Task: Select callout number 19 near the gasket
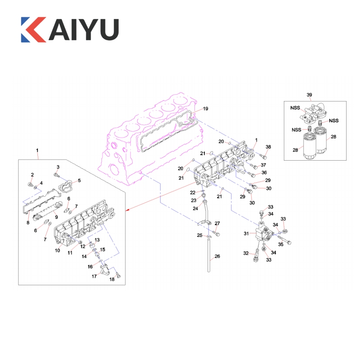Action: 205,109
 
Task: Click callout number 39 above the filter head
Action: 309,95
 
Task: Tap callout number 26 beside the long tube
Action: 217,257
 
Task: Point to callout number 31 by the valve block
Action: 247,233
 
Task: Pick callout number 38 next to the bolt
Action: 268,147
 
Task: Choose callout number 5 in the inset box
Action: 79,180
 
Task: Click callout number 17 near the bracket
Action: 94,276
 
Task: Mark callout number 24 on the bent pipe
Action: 195,208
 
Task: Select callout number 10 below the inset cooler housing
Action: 58,250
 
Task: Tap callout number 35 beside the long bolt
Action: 281,245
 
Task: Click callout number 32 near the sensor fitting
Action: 246,253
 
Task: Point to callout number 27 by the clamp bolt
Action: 217,224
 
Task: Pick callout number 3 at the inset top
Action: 58,167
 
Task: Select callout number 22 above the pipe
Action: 193,193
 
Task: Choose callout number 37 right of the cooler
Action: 264,165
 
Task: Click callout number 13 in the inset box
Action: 97,240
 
